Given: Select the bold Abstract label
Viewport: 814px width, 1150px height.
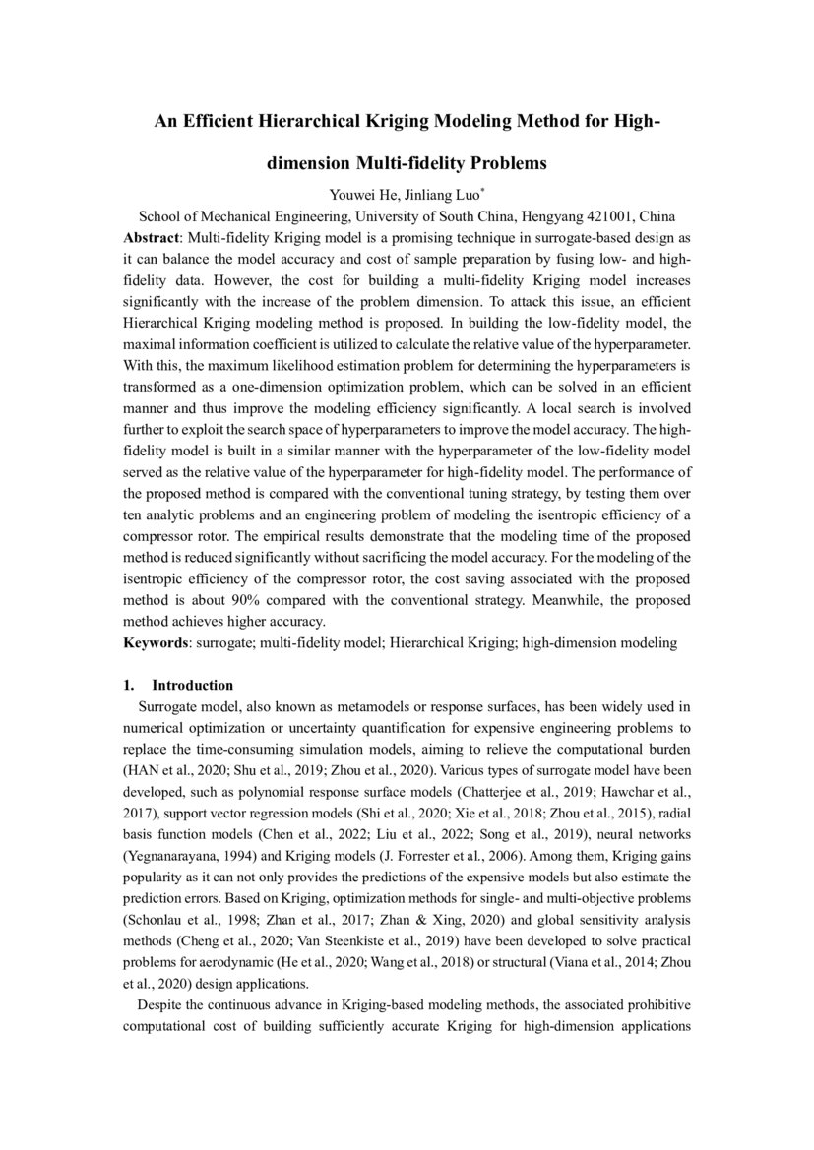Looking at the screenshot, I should pyautogui.click(x=152, y=238).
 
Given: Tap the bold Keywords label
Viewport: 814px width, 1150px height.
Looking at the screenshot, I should pyautogui.click(x=156, y=642).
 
